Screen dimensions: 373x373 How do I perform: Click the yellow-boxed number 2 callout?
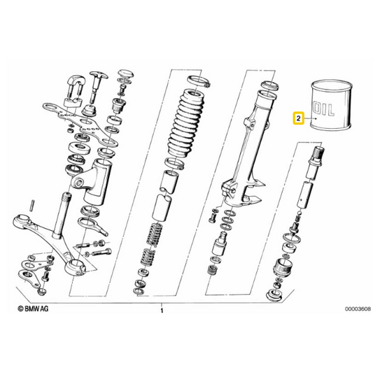[x=299, y=118]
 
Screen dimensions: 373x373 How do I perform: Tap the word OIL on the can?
[x=323, y=109]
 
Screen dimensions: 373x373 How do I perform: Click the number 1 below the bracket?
[x=162, y=311]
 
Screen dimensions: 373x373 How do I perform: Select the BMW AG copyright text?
[x=33, y=309]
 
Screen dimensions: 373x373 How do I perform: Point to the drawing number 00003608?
[x=358, y=309]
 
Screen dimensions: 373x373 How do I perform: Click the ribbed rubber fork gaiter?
[x=186, y=124]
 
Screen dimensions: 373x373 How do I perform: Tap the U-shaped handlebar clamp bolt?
[x=75, y=90]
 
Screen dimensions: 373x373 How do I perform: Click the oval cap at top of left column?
[x=125, y=73]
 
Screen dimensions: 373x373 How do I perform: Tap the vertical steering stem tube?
[x=61, y=216]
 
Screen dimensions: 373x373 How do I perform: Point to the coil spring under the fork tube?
[x=153, y=245]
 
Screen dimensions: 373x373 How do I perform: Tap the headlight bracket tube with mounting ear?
[x=92, y=182]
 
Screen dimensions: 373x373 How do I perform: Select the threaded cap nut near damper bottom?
[x=283, y=268]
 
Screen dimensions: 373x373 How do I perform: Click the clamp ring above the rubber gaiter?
[x=199, y=80]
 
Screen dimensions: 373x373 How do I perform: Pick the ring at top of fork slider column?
[x=269, y=85]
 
